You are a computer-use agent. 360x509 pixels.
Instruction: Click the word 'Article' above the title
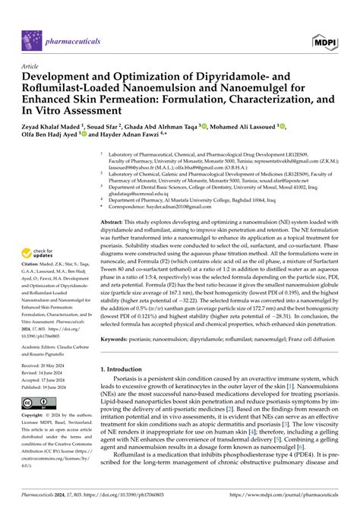pos(33,66)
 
